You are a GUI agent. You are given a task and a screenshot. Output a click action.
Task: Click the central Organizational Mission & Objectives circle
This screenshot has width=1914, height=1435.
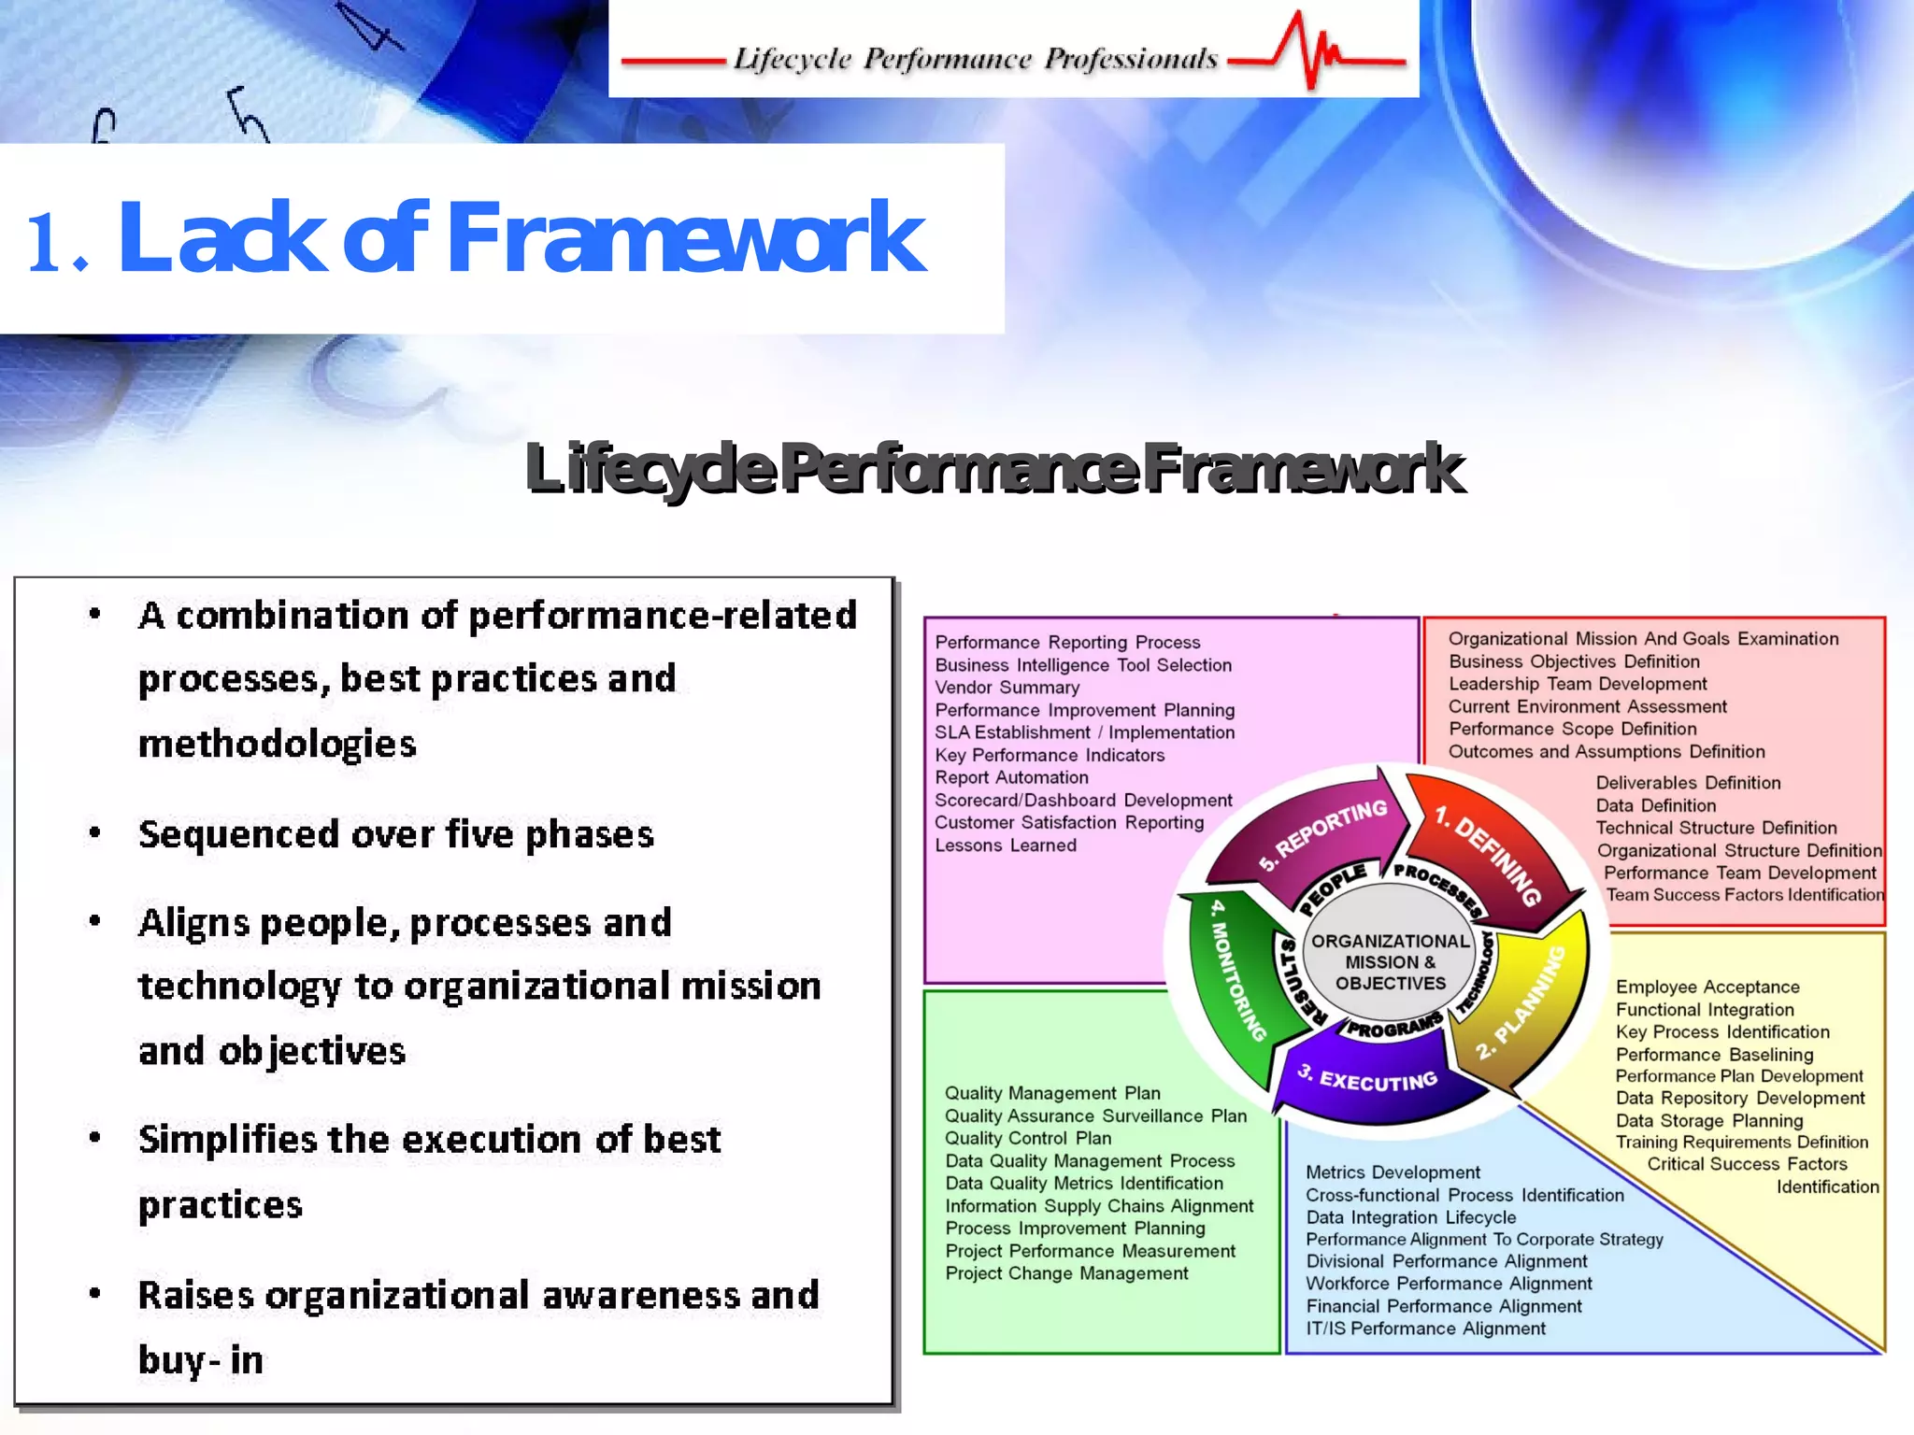point(1390,962)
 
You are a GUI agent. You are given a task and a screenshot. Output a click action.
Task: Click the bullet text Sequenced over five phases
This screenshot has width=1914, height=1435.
point(395,834)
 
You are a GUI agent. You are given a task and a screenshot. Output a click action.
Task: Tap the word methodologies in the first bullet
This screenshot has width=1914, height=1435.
point(277,745)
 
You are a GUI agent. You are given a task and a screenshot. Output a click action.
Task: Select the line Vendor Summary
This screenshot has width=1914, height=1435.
point(1007,688)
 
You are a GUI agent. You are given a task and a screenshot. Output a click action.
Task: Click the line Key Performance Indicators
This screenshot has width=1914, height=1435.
point(1050,755)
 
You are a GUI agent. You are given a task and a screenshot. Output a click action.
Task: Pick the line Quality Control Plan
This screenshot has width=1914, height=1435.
point(1028,1138)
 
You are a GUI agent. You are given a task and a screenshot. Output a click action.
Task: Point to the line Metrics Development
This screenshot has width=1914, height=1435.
point(1393,1172)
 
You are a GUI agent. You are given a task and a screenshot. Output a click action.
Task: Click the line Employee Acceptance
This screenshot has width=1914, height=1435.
point(1707,987)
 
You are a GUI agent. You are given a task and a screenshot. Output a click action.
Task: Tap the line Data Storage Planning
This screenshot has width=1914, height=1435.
point(1709,1121)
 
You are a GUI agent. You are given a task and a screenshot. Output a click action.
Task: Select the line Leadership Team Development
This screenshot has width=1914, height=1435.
point(1578,684)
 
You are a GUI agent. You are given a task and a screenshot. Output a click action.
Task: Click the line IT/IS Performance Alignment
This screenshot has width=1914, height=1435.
point(1425,1328)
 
